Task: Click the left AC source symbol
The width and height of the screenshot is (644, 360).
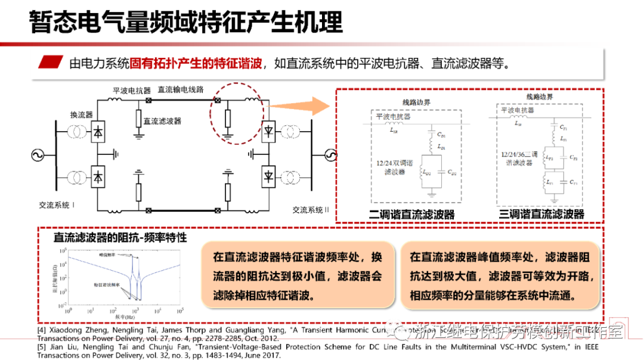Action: tap(35, 156)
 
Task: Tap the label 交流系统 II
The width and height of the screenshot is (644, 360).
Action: tap(311, 210)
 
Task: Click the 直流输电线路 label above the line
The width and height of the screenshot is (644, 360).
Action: tap(180, 89)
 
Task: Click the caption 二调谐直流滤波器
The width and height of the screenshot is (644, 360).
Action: tap(412, 214)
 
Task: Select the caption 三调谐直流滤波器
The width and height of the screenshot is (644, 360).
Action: tap(542, 214)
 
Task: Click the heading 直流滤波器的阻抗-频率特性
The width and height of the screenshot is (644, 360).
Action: tap(120, 237)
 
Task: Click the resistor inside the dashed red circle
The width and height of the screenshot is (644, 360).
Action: tap(227, 119)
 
